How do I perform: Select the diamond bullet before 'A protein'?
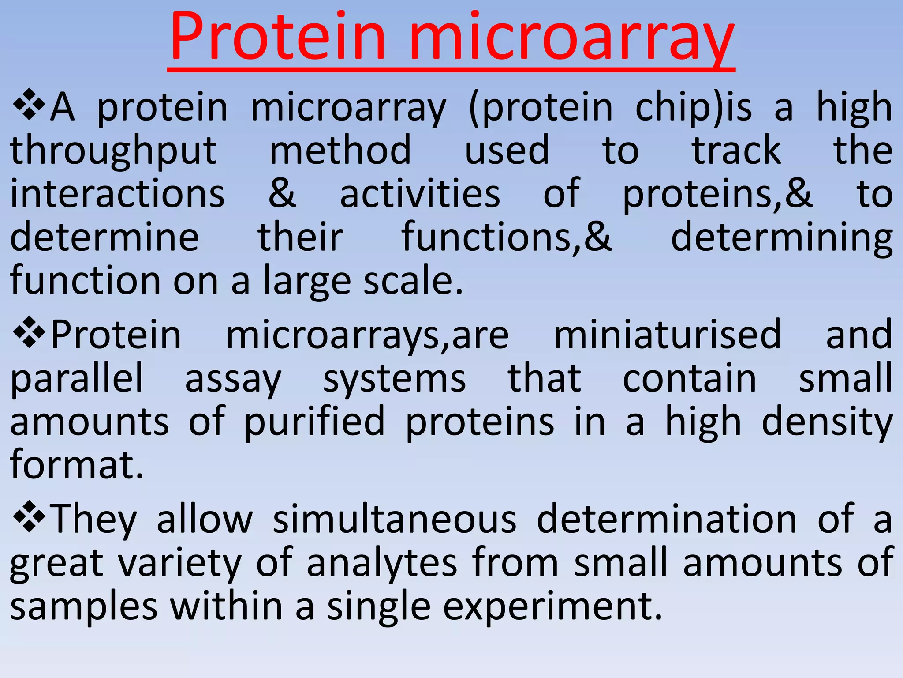point(29,105)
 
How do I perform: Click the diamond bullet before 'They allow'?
point(29,516)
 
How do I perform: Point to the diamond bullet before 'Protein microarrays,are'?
point(29,332)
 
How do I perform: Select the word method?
point(340,150)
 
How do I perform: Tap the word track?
point(737,150)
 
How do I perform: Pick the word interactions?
point(117,194)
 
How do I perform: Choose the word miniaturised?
point(667,335)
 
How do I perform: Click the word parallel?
point(77,379)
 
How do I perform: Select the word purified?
point(314,422)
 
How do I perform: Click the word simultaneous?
point(395,519)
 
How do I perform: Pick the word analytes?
point(382,563)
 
